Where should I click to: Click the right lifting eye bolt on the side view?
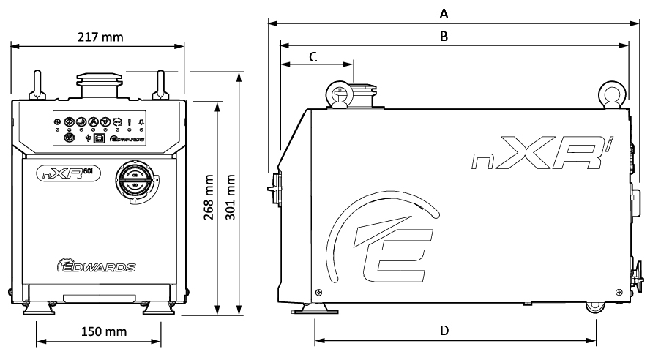click(x=610, y=94)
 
